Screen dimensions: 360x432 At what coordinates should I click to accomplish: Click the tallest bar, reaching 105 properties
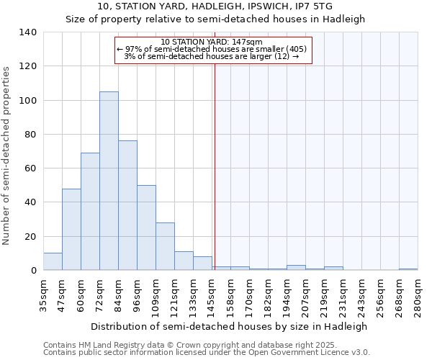[109, 181]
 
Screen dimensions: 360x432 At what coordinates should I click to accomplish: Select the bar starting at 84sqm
[127, 205]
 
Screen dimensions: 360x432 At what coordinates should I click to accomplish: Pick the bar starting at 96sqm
[146, 228]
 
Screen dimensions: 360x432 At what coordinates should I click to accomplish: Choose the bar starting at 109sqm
[165, 246]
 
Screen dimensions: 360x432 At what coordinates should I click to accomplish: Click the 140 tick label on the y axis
[28, 32]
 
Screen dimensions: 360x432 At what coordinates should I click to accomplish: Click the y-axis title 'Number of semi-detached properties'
[7, 156]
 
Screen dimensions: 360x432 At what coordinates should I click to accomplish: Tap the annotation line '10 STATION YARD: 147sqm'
[212, 42]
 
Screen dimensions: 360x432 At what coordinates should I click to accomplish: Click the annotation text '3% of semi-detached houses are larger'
[212, 56]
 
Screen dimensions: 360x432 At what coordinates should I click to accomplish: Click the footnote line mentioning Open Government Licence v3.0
[207, 352]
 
